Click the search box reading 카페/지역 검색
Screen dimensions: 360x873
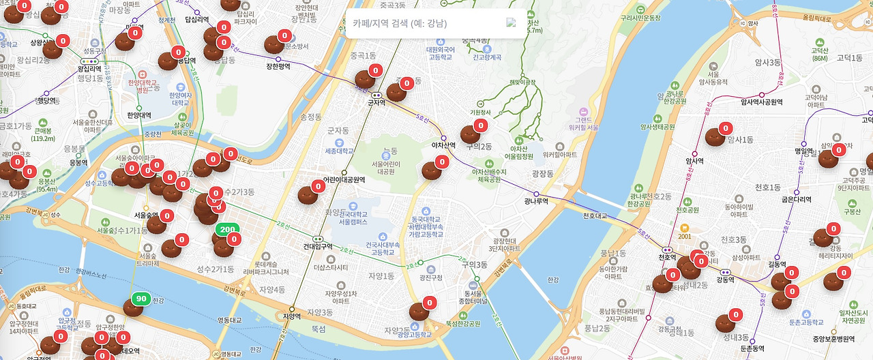coord(430,23)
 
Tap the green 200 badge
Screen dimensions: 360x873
coord(228,230)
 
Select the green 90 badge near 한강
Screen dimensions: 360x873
coord(141,299)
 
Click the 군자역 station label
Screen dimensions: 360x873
coord(376,103)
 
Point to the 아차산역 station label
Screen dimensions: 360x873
coord(443,145)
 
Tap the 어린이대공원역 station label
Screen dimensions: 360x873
coord(344,180)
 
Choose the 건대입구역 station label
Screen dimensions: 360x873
coord(318,246)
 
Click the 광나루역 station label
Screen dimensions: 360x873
coord(536,201)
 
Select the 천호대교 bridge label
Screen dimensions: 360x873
coord(595,216)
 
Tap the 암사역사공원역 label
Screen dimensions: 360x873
coord(761,102)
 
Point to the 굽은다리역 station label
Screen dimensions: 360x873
coord(797,200)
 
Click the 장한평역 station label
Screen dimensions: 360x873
coord(278,66)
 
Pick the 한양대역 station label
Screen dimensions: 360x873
coord(139,115)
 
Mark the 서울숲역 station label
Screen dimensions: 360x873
coord(146,215)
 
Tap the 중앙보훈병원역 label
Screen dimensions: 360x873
coord(833,339)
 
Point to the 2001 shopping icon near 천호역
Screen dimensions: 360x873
coord(684,229)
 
